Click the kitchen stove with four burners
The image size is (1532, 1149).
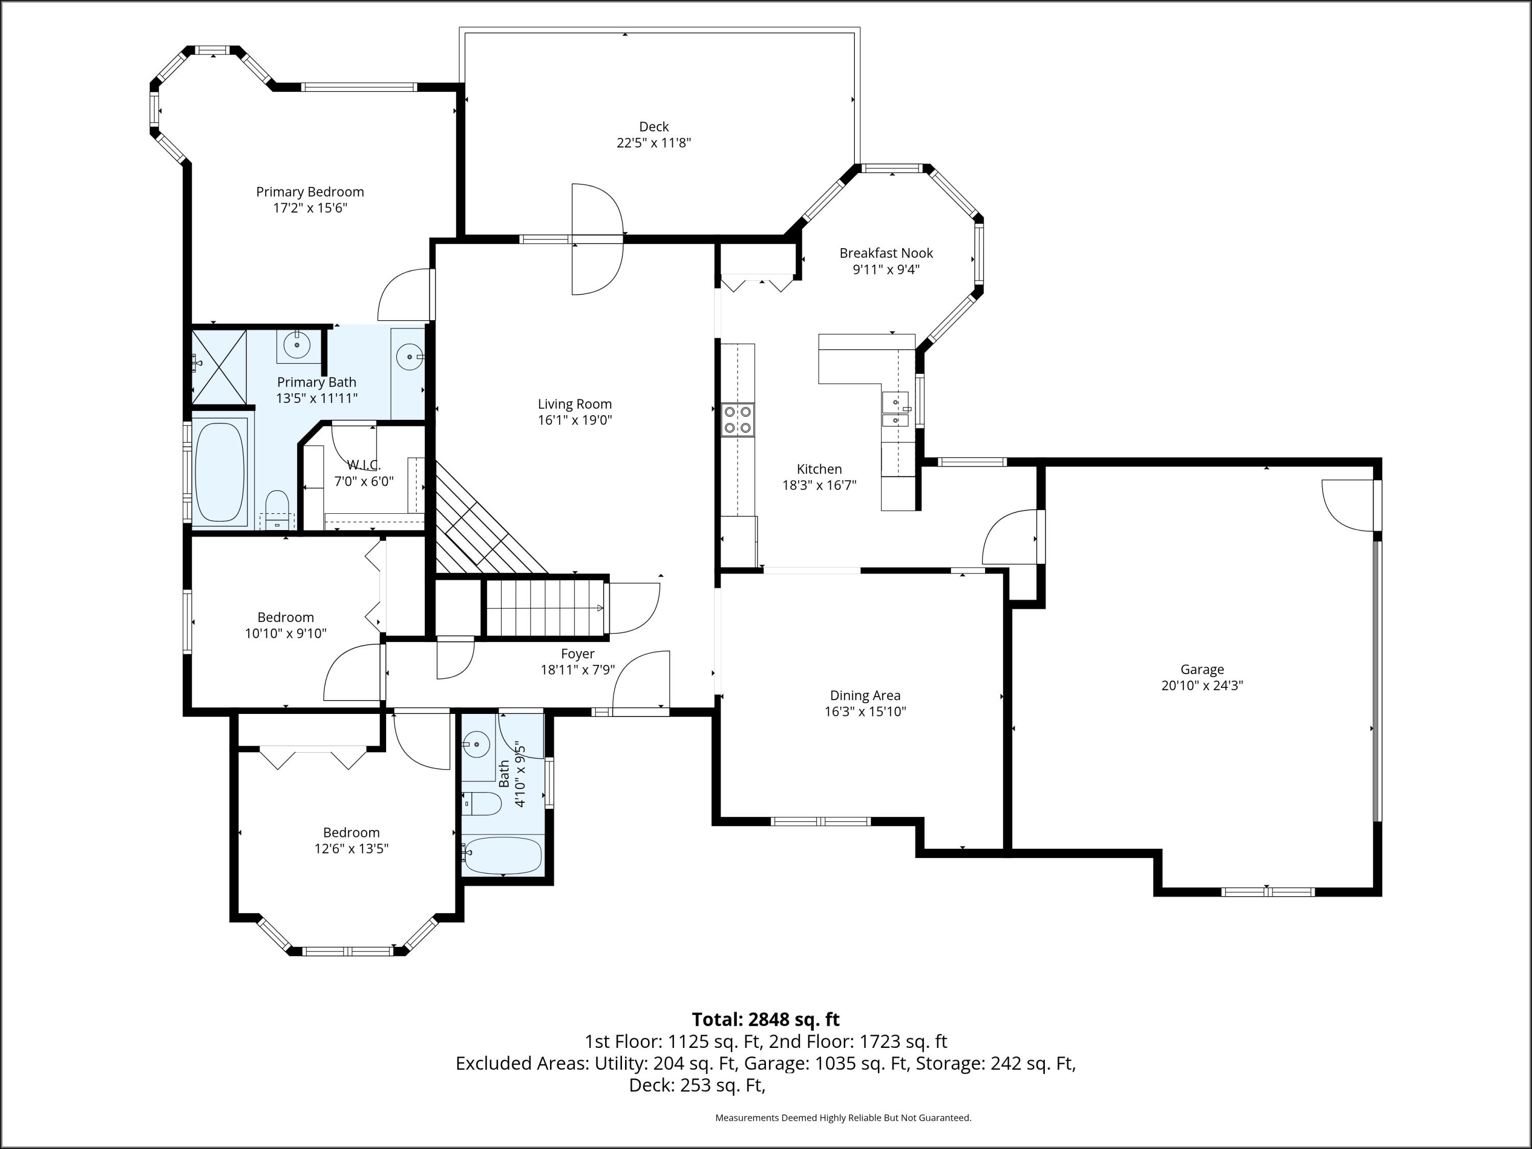point(737,420)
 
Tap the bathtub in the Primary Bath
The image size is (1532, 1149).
point(220,472)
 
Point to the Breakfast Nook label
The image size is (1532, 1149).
point(886,253)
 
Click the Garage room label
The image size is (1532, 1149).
point(1202,669)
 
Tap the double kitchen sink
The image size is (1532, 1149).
point(895,410)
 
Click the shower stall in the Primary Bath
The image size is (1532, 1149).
point(219,367)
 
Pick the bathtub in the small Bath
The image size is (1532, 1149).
point(502,856)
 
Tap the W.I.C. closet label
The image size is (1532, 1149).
point(364,465)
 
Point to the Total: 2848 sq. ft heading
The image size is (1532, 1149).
point(765,1019)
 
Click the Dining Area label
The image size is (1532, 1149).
point(865,696)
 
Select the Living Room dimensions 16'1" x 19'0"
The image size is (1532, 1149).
point(575,420)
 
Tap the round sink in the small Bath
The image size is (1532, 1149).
point(476,745)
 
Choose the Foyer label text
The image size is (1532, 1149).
point(578,654)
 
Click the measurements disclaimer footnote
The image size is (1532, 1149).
point(843,1117)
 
